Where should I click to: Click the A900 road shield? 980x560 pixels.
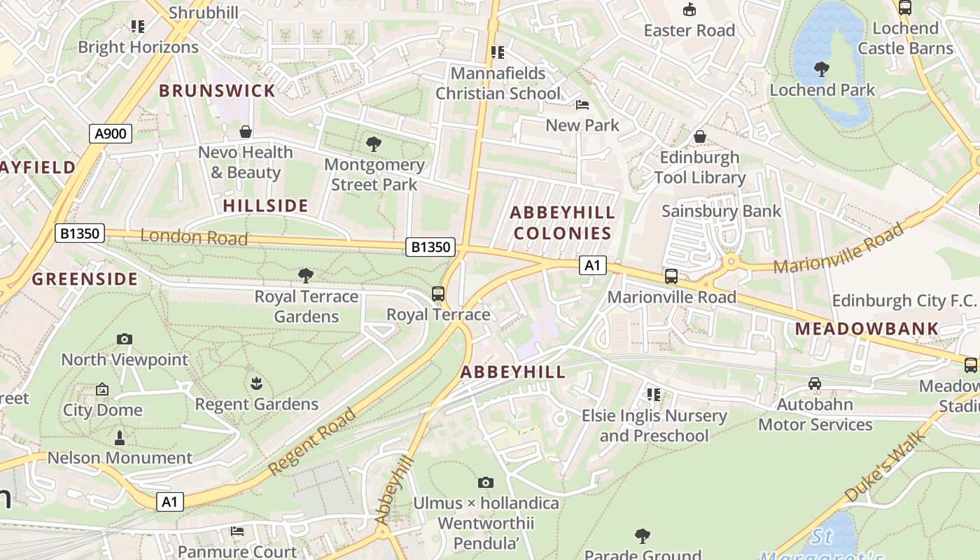[x=111, y=134]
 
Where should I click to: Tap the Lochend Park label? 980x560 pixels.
[x=822, y=90]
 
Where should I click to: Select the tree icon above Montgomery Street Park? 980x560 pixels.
[x=374, y=145]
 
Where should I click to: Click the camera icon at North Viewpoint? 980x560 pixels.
[x=125, y=339]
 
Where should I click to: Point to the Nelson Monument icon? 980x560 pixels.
[x=120, y=438]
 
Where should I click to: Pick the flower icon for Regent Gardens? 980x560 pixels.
[x=256, y=384]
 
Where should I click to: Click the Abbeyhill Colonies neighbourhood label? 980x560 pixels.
[x=562, y=223]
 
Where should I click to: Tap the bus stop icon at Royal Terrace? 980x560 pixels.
[x=438, y=294]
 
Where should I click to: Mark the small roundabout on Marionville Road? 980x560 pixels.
[x=731, y=262]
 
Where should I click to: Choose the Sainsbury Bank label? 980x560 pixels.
[x=721, y=211]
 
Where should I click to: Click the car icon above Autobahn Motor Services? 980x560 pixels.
[x=815, y=384]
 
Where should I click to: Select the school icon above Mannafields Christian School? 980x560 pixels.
[x=498, y=52]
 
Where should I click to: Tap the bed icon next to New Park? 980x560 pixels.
[x=582, y=106]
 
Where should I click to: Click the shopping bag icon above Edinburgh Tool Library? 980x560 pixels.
[x=699, y=136]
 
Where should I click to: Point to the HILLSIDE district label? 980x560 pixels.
[x=265, y=206]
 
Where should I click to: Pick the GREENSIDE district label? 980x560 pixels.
[x=85, y=279]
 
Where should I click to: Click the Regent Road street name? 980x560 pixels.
[x=312, y=442]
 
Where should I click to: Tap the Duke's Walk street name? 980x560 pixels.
[x=885, y=467]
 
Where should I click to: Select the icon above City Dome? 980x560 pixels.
[x=102, y=389]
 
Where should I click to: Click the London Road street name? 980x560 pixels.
[x=194, y=237]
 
